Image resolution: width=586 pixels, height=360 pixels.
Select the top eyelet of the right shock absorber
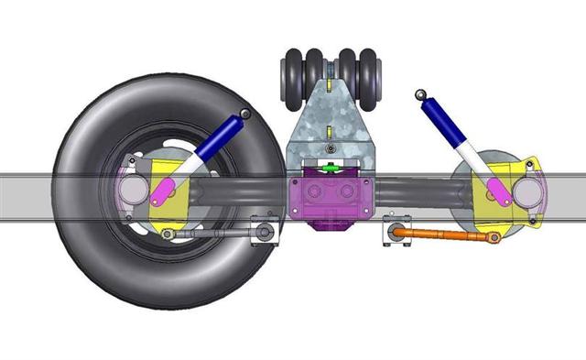tap(420, 93)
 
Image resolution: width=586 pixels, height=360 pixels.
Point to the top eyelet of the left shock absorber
tap(245, 113)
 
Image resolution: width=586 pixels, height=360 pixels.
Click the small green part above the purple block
tap(331, 168)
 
